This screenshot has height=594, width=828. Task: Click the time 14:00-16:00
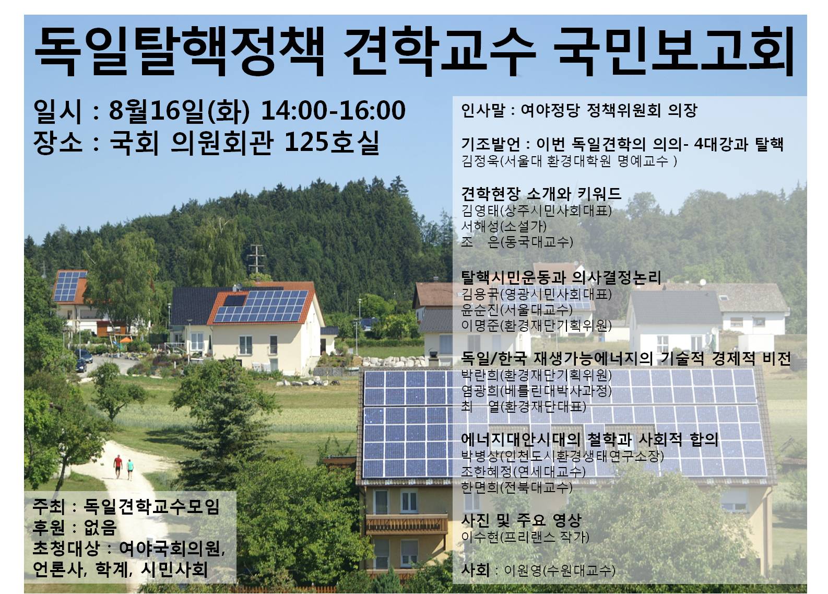point(333,111)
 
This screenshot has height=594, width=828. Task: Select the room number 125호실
point(332,142)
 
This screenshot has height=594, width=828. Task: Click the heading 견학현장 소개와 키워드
point(541,194)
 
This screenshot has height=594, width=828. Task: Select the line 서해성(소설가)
point(504,226)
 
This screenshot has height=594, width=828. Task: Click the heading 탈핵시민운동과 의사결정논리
point(561,277)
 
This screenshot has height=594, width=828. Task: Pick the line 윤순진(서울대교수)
point(517,310)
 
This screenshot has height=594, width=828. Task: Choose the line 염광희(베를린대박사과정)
point(536,391)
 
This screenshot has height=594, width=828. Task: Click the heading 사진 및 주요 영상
point(521,520)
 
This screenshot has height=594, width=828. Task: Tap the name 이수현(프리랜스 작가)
point(525,537)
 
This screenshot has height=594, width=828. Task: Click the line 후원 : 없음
point(75,527)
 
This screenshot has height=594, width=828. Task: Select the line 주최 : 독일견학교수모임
point(126,506)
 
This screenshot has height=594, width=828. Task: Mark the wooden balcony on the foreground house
point(399,525)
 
